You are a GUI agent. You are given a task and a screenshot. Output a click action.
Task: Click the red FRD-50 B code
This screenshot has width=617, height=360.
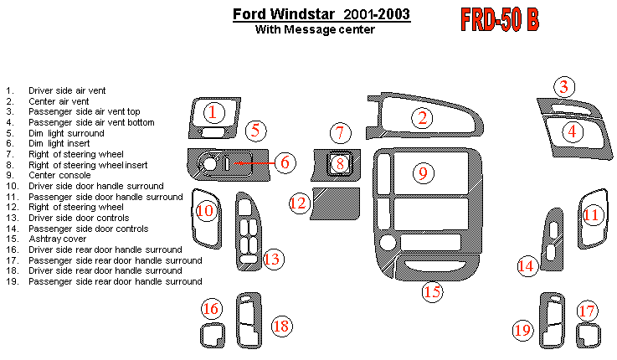(x=498, y=20)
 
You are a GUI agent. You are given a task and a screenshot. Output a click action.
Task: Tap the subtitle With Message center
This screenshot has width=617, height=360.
(x=314, y=29)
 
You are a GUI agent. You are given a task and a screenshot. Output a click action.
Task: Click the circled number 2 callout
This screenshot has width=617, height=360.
(x=424, y=118)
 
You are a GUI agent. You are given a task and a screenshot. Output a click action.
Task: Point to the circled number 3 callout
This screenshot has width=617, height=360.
(x=565, y=86)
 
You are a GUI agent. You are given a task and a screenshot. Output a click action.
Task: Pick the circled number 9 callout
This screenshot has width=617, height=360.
(x=424, y=172)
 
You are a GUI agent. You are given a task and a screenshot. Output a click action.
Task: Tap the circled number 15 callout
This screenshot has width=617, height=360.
(x=431, y=292)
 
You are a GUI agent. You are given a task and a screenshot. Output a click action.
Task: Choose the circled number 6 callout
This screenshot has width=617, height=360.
(x=285, y=162)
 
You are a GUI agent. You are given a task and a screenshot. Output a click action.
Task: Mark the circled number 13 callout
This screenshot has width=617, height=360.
(x=271, y=259)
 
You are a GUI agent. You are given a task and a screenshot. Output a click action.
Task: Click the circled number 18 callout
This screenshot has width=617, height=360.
(x=281, y=327)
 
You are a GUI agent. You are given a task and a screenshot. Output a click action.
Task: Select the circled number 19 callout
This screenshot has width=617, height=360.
(x=523, y=331)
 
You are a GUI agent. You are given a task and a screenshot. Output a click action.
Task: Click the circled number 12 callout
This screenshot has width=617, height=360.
(x=299, y=202)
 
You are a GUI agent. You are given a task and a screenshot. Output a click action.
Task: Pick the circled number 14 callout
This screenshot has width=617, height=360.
(x=526, y=266)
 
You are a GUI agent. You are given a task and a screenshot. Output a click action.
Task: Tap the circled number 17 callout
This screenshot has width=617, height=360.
(x=588, y=311)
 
